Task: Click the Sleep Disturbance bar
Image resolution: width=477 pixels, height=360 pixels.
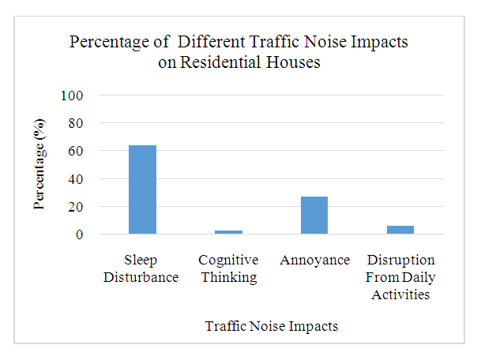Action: [x=143, y=189]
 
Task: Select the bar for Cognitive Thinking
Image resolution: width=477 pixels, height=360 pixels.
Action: [x=229, y=232]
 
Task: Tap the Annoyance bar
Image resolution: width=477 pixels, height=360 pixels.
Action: [x=314, y=216]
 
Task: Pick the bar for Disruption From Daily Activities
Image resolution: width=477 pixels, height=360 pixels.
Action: [x=400, y=230]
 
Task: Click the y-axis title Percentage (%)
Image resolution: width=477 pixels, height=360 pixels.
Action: [x=39, y=164]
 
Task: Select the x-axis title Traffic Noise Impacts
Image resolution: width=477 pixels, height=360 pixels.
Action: [x=272, y=325]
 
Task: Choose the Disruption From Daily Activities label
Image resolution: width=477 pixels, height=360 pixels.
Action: [x=400, y=276]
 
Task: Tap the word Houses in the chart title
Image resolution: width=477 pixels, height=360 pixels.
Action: [x=292, y=62]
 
